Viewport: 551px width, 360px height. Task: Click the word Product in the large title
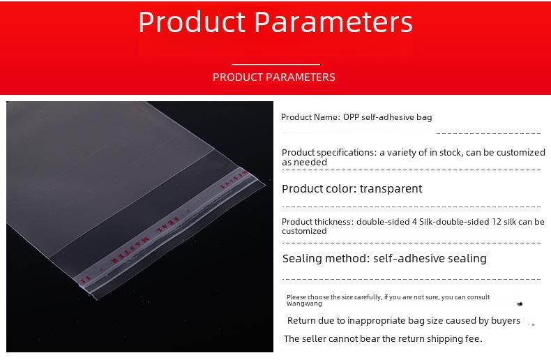point(192,22)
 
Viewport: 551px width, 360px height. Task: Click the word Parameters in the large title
point(333,22)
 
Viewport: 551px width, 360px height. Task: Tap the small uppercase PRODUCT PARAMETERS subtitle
point(274,77)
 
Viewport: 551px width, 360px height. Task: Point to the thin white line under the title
point(276,64)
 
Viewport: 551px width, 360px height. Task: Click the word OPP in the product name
point(351,117)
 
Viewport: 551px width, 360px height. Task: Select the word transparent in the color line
point(391,189)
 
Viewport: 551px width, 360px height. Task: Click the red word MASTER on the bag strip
point(130,250)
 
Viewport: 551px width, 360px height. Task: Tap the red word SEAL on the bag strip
point(167,224)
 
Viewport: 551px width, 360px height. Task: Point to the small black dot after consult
point(520,303)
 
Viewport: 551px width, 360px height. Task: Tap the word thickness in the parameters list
point(334,222)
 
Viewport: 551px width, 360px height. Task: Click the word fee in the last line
point(476,338)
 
